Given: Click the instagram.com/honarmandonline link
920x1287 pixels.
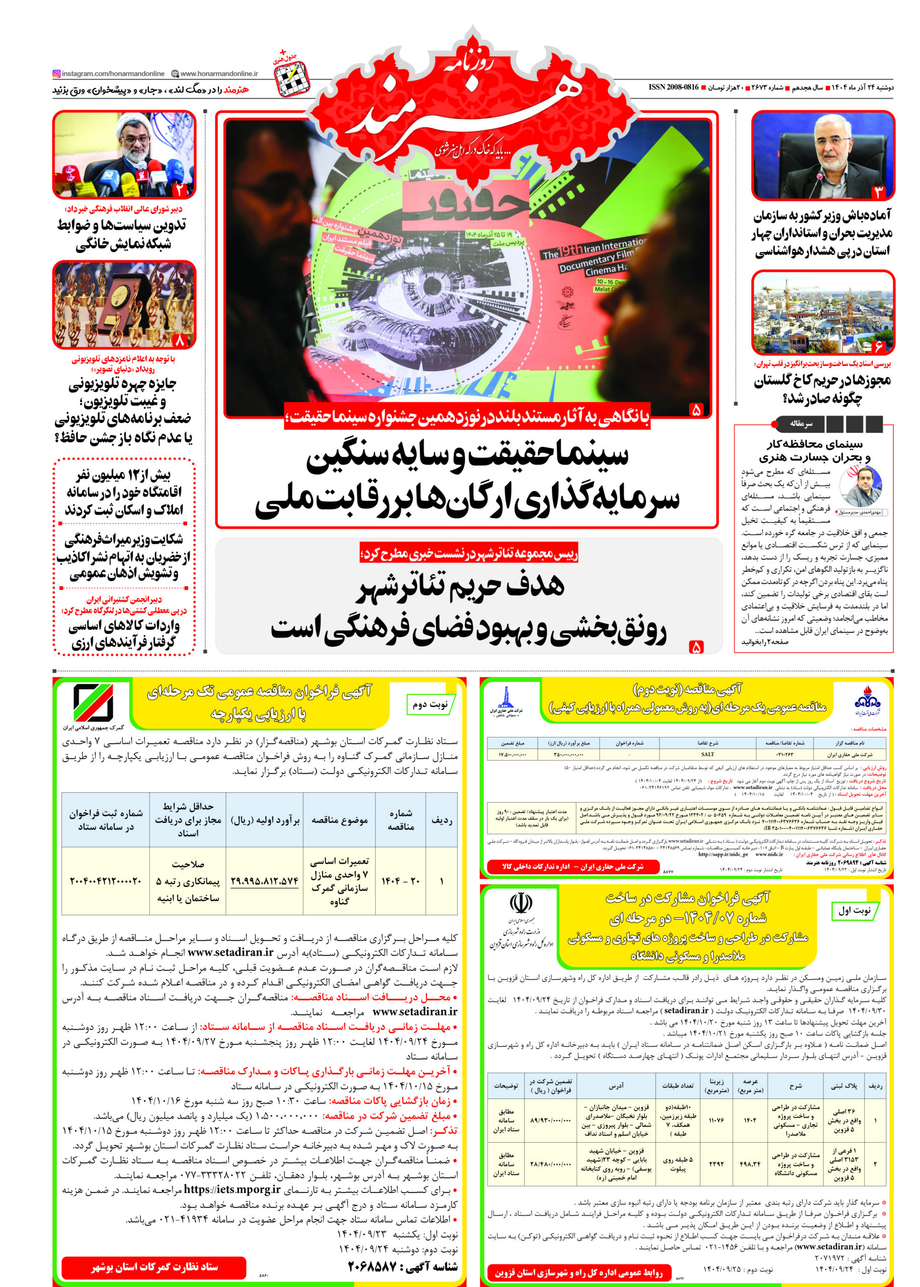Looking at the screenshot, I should (109, 73).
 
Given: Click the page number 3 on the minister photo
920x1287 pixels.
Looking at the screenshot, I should (879, 192).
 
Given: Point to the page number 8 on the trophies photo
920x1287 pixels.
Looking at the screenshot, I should (180, 340).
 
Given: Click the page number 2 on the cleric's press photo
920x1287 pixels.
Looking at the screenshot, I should (179, 190).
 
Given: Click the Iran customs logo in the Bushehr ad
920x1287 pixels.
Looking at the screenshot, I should (93, 703).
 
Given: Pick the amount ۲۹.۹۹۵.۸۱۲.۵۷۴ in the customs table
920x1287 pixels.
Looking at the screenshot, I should (265, 881).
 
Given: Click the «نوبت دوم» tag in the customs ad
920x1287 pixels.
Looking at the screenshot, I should (430, 704).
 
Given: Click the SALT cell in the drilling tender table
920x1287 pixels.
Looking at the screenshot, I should (707, 755).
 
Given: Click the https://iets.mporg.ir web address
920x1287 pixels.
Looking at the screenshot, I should (232, 1189).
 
